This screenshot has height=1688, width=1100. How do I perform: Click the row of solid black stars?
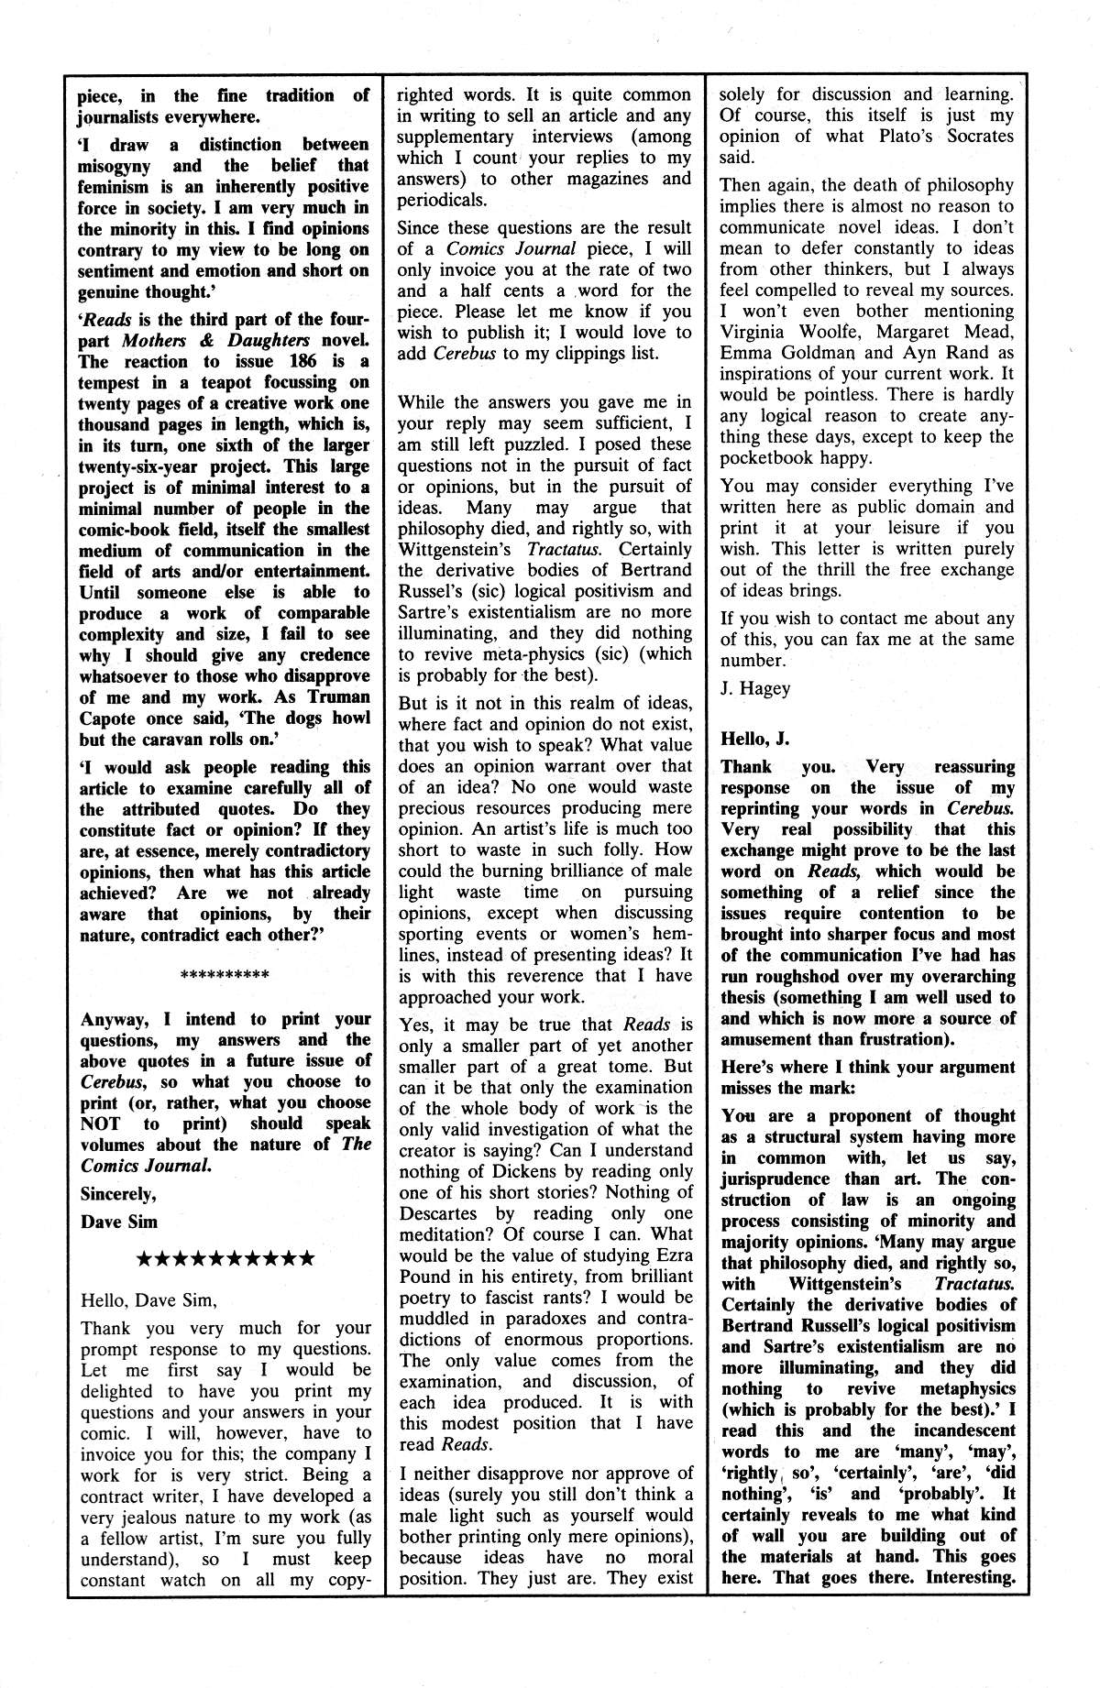point(225,1258)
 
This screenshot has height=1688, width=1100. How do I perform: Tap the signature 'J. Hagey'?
point(754,688)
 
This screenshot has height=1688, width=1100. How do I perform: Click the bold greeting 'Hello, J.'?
point(754,738)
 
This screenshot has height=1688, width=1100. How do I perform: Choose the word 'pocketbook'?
point(770,458)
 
